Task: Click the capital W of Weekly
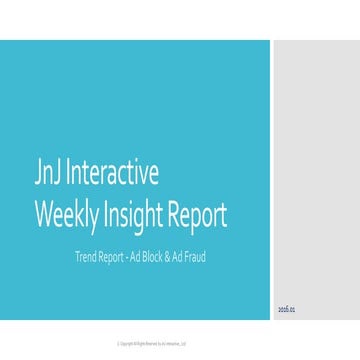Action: [44, 214]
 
